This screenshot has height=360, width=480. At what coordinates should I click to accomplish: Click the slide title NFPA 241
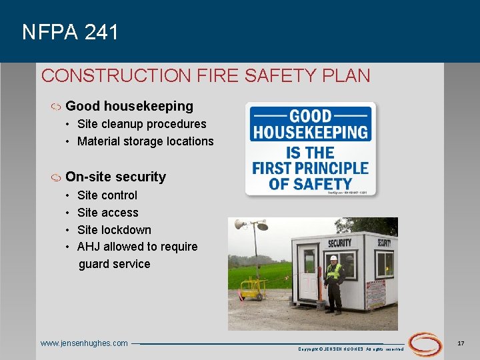click(70, 32)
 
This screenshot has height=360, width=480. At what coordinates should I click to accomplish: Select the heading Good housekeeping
click(129, 106)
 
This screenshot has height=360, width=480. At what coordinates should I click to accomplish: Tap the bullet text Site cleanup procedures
click(141, 124)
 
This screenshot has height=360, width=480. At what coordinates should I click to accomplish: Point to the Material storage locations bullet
click(145, 141)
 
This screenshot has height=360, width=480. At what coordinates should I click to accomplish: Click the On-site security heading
click(115, 177)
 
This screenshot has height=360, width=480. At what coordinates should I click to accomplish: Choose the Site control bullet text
click(107, 195)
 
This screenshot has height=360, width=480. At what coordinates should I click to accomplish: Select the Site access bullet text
click(108, 213)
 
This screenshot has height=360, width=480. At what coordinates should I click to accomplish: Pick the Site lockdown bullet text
click(114, 230)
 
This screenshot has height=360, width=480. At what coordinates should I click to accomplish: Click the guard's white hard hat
click(333, 258)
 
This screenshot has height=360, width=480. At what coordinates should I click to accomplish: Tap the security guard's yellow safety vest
click(333, 272)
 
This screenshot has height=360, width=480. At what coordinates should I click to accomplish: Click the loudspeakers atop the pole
click(251, 225)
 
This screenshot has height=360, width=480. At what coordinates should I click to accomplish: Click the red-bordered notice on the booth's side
click(375, 294)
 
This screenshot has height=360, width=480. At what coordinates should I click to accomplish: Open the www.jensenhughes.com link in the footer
click(84, 343)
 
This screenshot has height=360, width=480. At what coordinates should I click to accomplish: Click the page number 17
click(461, 343)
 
